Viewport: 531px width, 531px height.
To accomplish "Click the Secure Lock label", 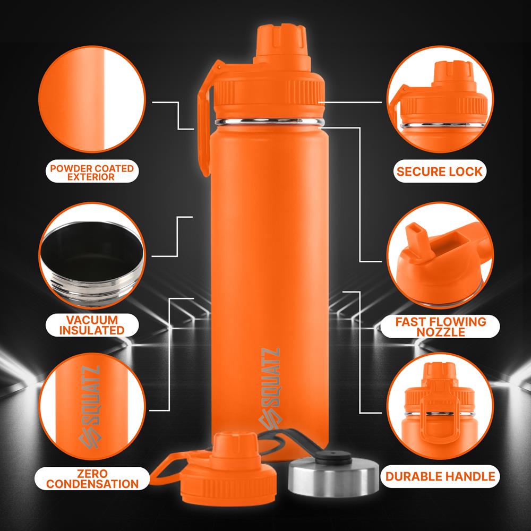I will click(x=439, y=171).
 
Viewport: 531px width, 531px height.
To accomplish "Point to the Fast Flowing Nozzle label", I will click(x=440, y=327).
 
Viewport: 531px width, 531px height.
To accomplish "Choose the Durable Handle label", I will click(x=440, y=476).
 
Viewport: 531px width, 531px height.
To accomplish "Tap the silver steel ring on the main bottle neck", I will click(x=269, y=122).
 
